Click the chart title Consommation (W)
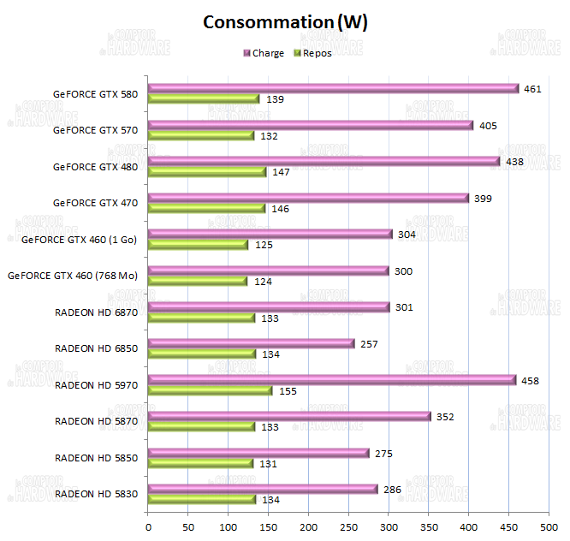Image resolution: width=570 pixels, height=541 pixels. tap(285, 22)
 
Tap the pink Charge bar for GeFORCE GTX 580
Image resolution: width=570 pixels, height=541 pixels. tap(333, 88)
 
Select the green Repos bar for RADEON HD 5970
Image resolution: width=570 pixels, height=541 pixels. tap(210, 390)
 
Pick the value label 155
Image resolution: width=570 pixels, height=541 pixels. tap(288, 390)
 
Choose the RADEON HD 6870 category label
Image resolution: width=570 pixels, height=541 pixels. tap(96, 312)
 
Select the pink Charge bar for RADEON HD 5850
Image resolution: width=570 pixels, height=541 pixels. tap(258, 453)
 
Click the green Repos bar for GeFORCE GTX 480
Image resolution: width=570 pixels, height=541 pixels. tap(207, 172)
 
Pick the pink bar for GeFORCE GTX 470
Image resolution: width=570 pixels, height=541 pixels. tap(308, 198)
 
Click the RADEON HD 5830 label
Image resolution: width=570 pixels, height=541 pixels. tap(96, 494)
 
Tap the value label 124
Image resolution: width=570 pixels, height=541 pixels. tap(264, 282)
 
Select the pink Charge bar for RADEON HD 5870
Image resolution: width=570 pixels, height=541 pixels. tap(289, 416)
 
